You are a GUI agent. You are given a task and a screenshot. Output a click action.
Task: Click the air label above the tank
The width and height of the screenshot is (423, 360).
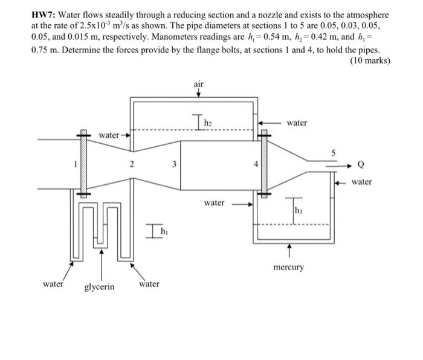click(x=199, y=84)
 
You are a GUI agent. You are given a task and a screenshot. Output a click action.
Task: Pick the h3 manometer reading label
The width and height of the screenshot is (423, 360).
click(x=298, y=210)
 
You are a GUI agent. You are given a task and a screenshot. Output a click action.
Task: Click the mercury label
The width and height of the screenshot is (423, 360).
click(x=288, y=266)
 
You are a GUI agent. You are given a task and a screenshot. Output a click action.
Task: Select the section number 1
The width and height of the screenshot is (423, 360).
click(x=75, y=162)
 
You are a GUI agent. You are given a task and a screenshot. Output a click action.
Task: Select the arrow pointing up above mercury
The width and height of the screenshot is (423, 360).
click(x=289, y=248)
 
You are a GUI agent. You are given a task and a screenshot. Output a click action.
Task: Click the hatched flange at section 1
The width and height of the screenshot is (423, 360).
click(x=83, y=162)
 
